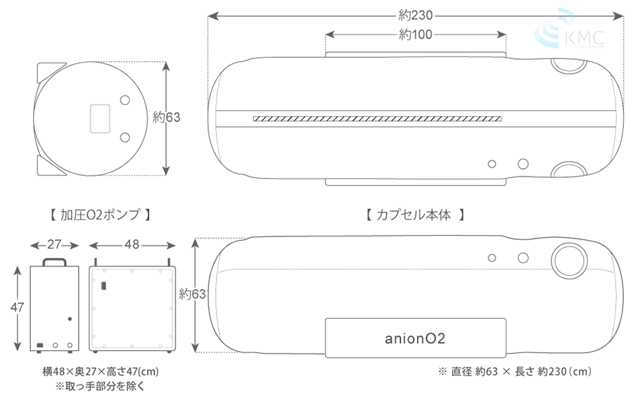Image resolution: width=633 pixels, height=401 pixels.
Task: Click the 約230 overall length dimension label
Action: (x=415, y=15)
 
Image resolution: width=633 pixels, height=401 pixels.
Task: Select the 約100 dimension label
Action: (x=415, y=34)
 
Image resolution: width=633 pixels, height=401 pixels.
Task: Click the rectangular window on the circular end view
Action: (x=101, y=117)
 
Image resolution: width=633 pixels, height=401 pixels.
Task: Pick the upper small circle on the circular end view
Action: (x=125, y=100)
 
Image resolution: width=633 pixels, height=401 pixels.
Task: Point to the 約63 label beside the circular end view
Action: (x=167, y=117)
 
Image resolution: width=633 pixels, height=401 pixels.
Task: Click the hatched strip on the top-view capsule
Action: (x=377, y=119)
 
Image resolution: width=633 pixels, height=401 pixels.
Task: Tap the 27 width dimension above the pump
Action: (x=55, y=245)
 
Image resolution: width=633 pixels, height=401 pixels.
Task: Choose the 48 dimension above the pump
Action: (x=132, y=245)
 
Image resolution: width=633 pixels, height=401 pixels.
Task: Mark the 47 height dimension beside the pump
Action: (x=16, y=307)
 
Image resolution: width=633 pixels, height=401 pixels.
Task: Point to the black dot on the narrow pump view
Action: (x=70, y=319)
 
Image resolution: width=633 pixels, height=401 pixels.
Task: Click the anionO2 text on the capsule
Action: (x=415, y=338)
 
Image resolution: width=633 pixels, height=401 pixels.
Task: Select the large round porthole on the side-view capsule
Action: (x=568, y=259)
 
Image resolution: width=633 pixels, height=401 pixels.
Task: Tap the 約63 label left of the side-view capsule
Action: (x=193, y=294)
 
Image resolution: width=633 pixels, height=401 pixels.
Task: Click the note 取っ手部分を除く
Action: (x=98, y=386)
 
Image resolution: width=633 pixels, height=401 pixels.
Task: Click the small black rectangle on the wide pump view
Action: (x=103, y=287)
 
